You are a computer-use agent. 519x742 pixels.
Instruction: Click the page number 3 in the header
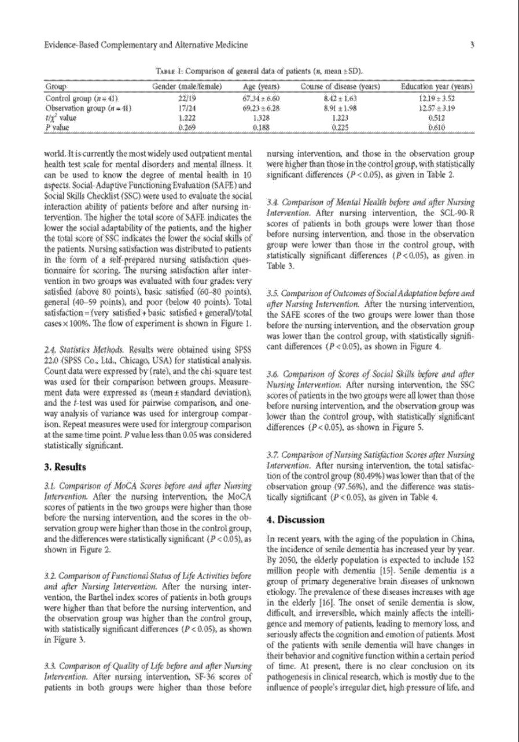(x=472, y=44)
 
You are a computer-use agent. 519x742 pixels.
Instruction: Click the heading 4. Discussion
(x=295, y=520)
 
